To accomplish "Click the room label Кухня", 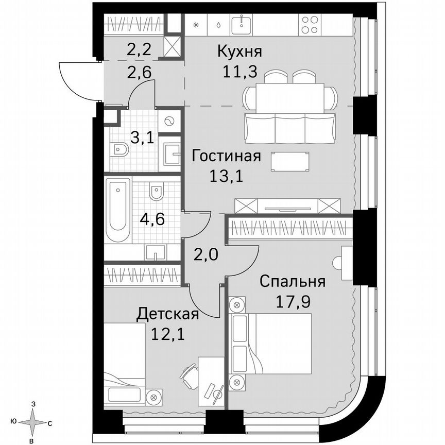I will pos(239,52).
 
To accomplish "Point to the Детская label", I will pos(167,314).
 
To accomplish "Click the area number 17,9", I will pos(292,301).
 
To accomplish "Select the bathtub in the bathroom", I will pos(118,209).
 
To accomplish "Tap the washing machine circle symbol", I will pos(169,122).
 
